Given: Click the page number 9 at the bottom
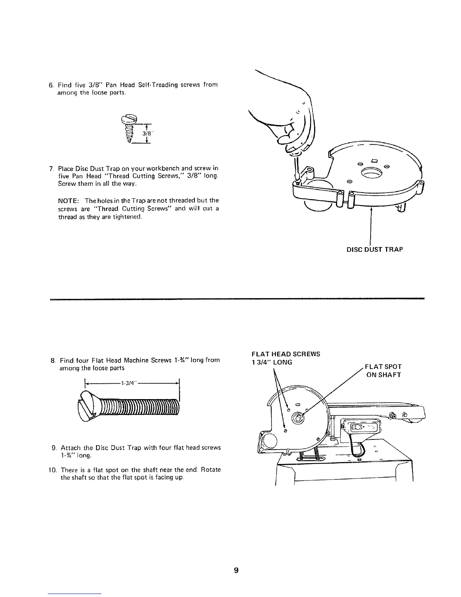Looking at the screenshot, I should click(x=236, y=560).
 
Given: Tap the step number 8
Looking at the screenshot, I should click(x=52, y=360).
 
